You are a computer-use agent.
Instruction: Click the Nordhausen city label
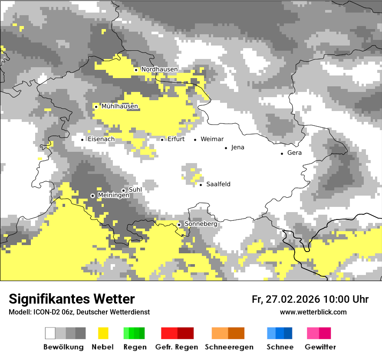pyautogui.click(x=159, y=69)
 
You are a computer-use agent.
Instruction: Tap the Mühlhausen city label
pyautogui.click(x=120, y=106)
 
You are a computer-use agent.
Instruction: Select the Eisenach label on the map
pyautogui.click(x=101, y=139)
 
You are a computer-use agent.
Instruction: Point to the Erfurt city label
pyautogui.click(x=176, y=139)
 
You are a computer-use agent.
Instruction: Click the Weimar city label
pyautogui.click(x=212, y=139)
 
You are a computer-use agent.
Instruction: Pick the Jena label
pyautogui.click(x=237, y=147)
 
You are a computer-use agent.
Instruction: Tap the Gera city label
pyautogui.click(x=294, y=153)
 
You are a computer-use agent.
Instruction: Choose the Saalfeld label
pyautogui.click(x=218, y=184)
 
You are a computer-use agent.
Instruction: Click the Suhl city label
pyautogui.click(x=135, y=190)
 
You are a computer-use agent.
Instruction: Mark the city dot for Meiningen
pyautogui.click(x=92, y=196)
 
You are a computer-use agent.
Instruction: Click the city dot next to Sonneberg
pyautogui.click(x=179, y=225)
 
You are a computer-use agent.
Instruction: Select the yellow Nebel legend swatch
pyautogui.click(x=103, y=333)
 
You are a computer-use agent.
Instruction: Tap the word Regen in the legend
pyautogui.click(x=134, y=347)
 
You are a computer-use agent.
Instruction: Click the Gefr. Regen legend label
pyautogui.click(x=177, y=347)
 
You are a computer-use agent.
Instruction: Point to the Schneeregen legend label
pyautogui.click(x=229, y=347)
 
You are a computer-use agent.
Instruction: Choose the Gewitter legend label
pyautogui.click(x=320, y=347)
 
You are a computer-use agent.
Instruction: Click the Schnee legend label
pyautogui.click(x=280, y=347)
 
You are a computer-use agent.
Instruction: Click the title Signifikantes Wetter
pyautogui.click(x=72, y=299)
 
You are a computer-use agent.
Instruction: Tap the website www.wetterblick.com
pyautogui.click(x=313, y=312)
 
